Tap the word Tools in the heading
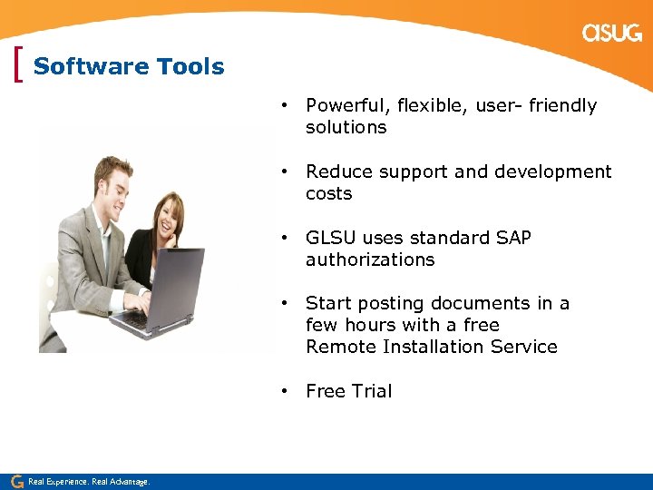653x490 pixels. pyautogui.click(x=190, y=67)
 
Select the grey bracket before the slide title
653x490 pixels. pyautogui.click(x=20, y=66)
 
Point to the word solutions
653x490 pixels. pyautogui.click(x=346, y=128)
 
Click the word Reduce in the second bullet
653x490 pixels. pyautogui.click(x=336, y=172)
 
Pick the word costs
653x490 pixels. pyautogui.click(x=328, y=194)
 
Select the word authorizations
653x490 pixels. pyautogui.click(x=370, y=260)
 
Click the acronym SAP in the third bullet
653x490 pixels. pyautogui.click(x=513, y=238)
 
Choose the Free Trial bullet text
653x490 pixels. pyautogui.click(x=348, y=392)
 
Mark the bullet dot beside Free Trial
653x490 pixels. pyautogui.click(x=284, y=391)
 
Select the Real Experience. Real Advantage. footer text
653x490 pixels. pyautogui.click(x=89, y=482)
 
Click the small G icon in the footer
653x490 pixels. pyautogui.click(x=16, y=481)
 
